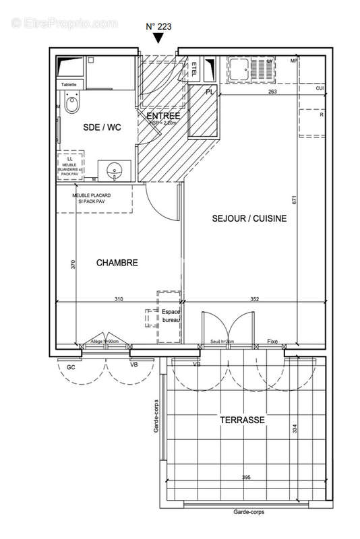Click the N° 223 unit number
click(158, 26)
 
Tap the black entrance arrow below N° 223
click(158, 38)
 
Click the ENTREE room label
click(164, 115)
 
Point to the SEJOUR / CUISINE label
click(249, 218)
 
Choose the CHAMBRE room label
click(117, 263)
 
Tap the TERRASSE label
click(241, 420)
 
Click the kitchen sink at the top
click(239, 66)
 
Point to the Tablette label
click(69, 84)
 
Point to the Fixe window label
click(272, 342)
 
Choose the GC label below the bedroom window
click(70, 368)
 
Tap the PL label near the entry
click(210, 92)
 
